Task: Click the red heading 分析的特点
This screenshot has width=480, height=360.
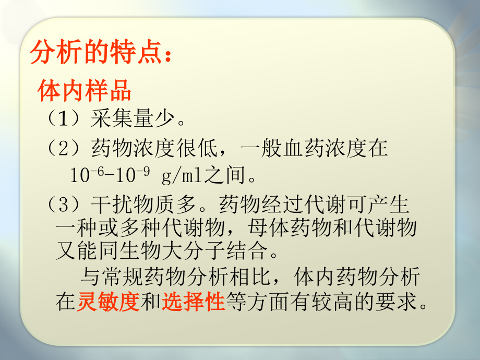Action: coord(99,53)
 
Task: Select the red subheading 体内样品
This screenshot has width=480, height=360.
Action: coord(84,91)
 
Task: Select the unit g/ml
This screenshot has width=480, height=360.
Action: coord(181,175)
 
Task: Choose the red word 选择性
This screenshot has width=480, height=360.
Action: coord(193,302)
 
